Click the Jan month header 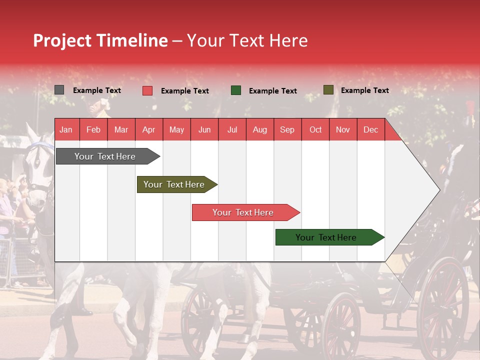(x=66, y=130)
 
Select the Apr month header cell (x=148, y=130)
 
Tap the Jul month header (x=232, y=130)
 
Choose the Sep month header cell (x=287, y=130)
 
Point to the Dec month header (x=370, y=130)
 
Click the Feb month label (x=93, y=130)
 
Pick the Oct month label (x=315, y=130)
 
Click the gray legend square (x=59, y=90)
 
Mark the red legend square (x=147, y=90)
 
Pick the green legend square (x=236, y=90)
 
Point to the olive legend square (x=328, y=90)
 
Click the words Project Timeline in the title (x=100, y=40)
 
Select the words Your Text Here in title (x=247, y=40)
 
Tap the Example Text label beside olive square (x=364, y=90)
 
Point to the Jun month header (x=204, y=130)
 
